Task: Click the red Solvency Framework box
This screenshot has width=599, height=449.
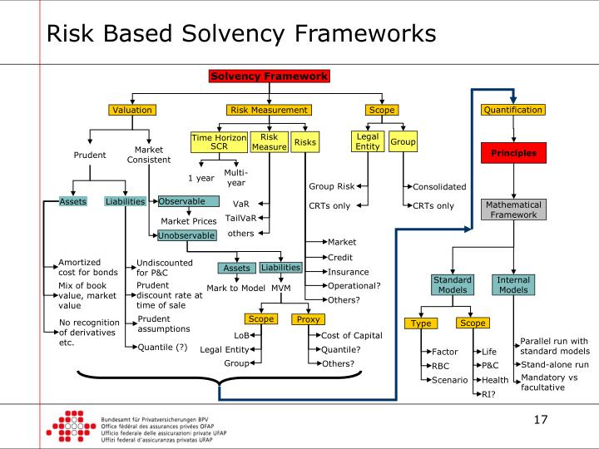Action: point(270,76)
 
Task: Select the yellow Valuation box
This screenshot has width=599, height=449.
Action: point(132,110)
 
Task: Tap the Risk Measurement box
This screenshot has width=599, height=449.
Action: point(268,110)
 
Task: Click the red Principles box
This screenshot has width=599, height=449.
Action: point(512,153)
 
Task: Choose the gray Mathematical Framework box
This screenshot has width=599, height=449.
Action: point(512,210)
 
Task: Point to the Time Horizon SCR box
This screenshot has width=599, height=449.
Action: point(220,142)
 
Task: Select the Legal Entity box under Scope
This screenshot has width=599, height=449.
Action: point(367,142)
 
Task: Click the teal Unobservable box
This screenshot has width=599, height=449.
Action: point(187,235)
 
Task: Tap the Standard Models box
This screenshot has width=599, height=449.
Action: point(452,285)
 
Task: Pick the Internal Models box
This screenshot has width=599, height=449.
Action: point(512,285)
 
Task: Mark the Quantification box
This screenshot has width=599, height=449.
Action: point(512,110)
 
